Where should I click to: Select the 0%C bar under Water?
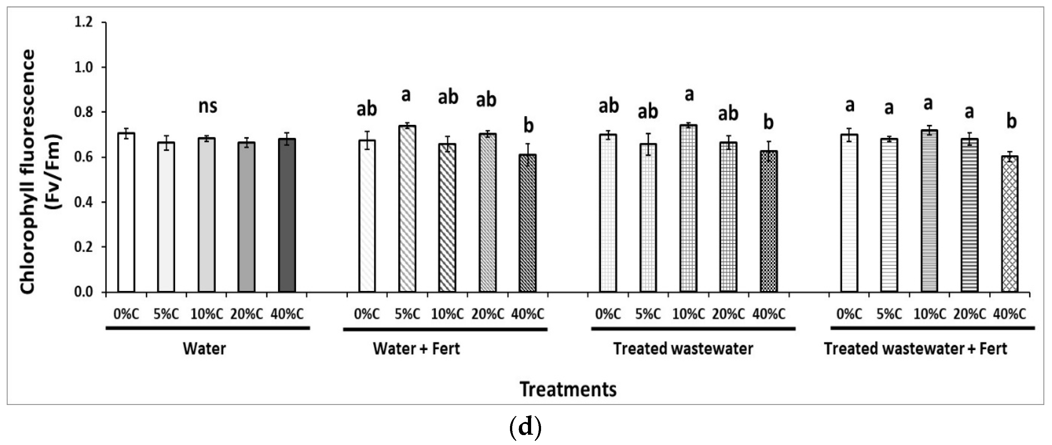point(126,212)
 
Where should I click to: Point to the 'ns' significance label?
point(208,106)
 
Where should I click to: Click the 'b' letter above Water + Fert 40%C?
point(529,126)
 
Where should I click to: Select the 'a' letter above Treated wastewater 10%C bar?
point(689,95)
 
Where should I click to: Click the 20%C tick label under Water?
point(247,314)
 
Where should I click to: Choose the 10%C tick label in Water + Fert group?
point(448,314)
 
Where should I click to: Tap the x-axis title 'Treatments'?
point(568,389)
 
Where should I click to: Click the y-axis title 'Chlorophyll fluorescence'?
point(29,172)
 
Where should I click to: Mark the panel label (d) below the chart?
point(526,427)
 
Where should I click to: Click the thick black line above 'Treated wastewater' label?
point(693,328)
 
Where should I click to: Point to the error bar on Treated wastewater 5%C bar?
point(648,144)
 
